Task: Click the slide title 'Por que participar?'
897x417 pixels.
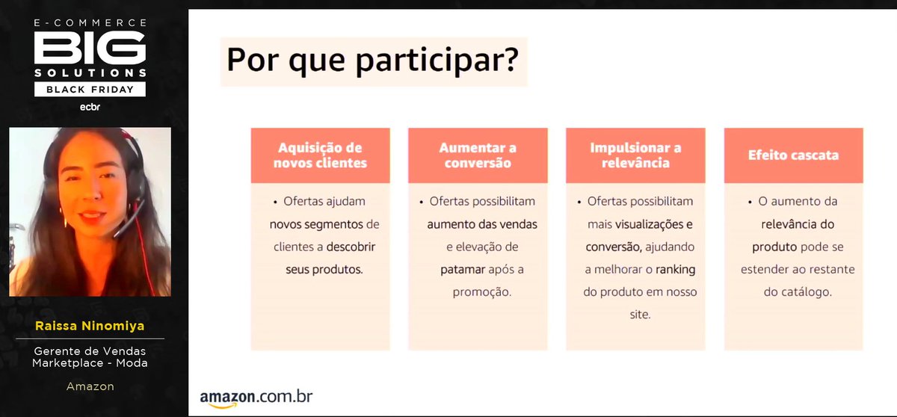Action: point(372,61)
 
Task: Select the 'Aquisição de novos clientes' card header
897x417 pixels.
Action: point(320,155)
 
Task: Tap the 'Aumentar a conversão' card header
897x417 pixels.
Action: point(478,155)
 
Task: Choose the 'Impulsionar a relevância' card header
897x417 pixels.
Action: point(635,155)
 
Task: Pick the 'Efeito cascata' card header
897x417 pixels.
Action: point(793,155)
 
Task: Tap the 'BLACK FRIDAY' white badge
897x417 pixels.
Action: point(90,90)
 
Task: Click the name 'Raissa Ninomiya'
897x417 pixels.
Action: point(90,327)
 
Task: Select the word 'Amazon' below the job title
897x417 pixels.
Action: point(90,386)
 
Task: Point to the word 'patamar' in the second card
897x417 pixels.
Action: point(463,269)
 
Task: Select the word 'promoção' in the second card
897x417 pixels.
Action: point(482,291)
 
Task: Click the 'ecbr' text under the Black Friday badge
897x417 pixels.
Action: point(90,107)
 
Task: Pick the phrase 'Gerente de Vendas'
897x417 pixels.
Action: point(90,351)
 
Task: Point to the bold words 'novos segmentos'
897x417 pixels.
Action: point(316,224)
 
